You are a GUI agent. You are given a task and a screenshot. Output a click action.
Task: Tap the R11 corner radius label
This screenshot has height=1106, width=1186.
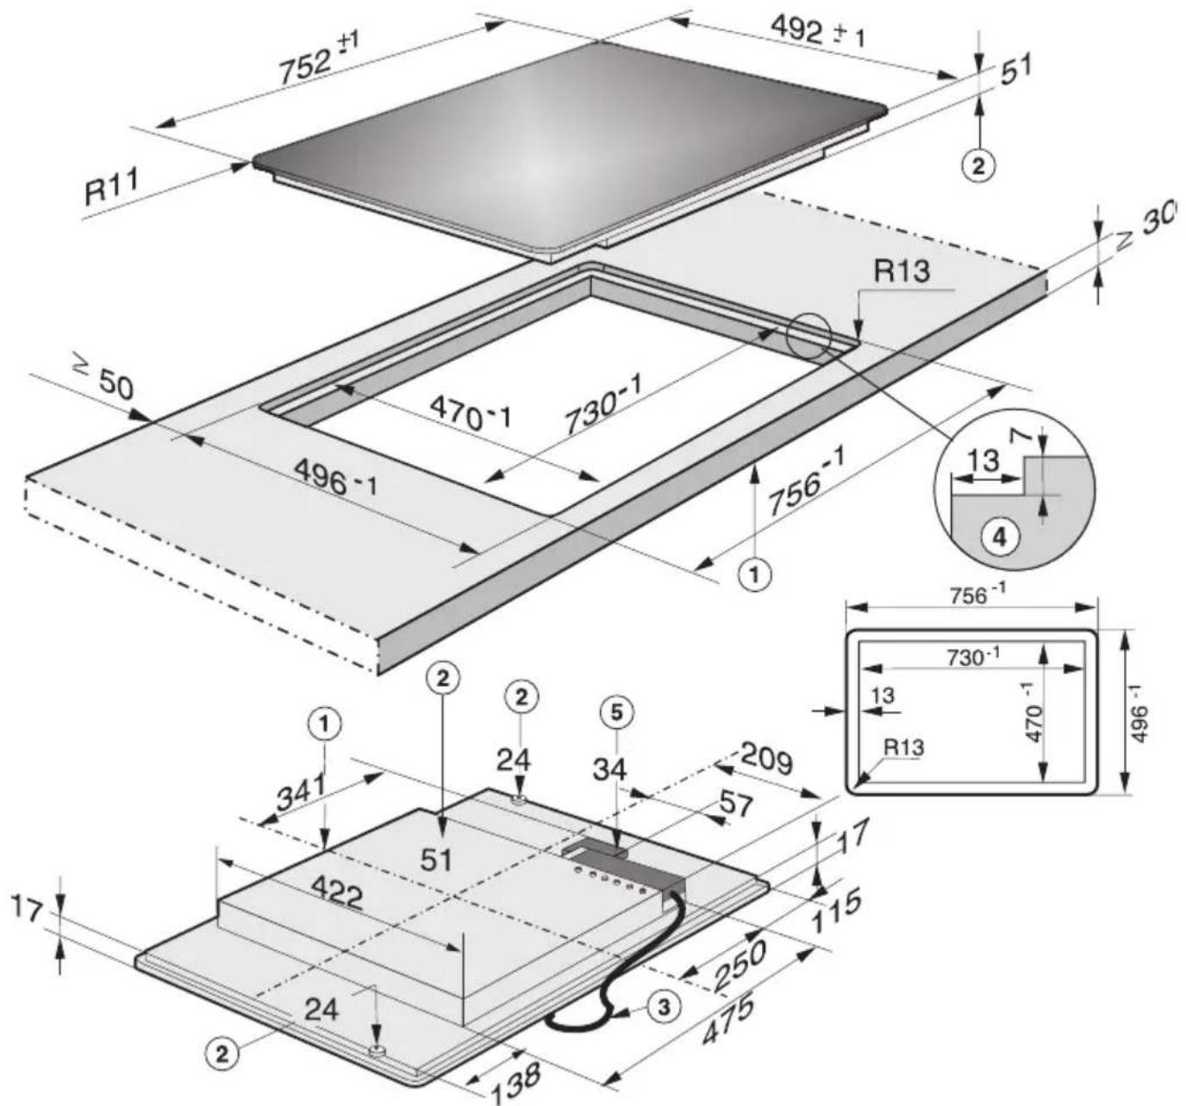tap(111, 186)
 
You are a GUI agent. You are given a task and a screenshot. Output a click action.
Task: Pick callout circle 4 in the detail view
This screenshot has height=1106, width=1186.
tap(1000, 537)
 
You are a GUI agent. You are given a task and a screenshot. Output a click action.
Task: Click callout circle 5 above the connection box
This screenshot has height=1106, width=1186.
tap(617, 711)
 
